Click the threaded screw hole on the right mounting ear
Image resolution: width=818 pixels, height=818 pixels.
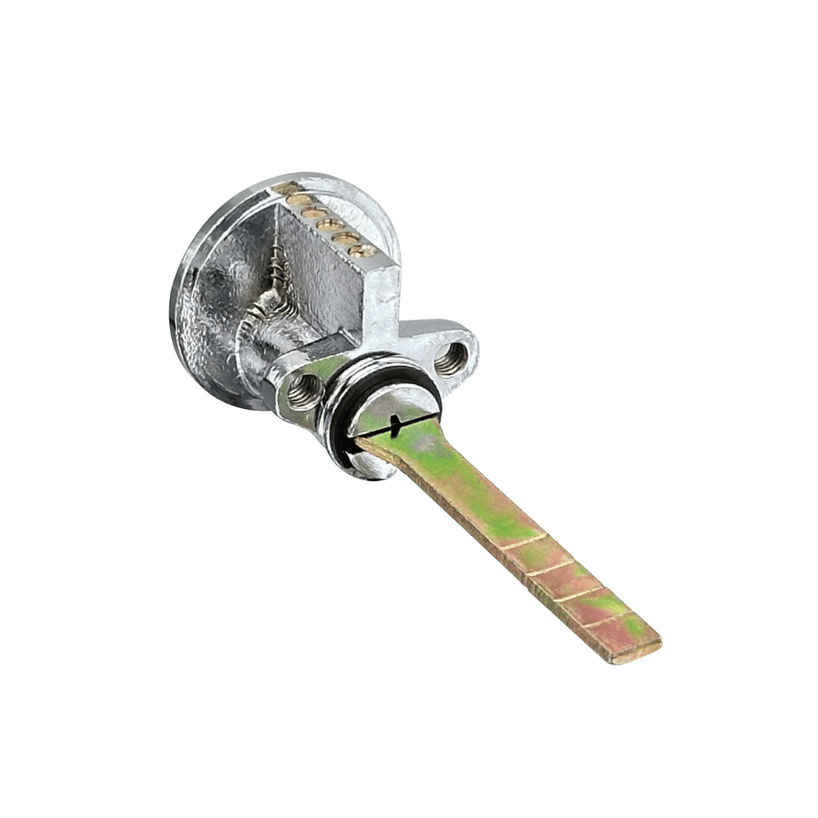[x=452, y=358]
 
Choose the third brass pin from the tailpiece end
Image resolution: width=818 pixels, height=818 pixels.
[x=330, y=224]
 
